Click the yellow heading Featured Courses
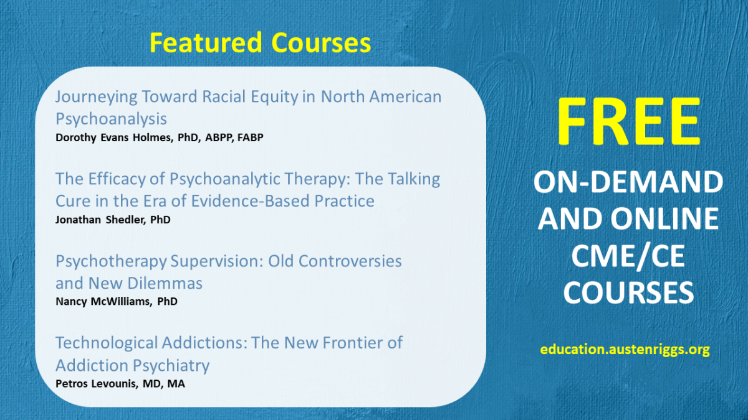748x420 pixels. [x=260, y=43]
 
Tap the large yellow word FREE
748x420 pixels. [x=628, y=121]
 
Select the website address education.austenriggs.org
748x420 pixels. [x=625, y=350]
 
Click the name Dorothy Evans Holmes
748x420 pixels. [x=114, y=138]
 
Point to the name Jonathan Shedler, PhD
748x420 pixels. [x=113, y=220]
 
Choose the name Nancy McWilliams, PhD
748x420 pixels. [x=117, y=302]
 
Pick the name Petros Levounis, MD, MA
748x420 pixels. [x=120, y=384]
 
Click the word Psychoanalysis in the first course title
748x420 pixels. [x=111, y=119]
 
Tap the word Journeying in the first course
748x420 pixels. [x=96, y=97]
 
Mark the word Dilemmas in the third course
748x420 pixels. [x=165, y=283]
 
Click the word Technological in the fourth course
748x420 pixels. [x=107, y=343]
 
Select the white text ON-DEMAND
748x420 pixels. [x=628, y=182]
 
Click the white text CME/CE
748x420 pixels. [x=628, y=256]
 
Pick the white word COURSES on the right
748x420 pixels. [x=628, y=292]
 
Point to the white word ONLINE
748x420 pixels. [x=664, y=219]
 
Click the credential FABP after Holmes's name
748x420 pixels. [x=251, y=138]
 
